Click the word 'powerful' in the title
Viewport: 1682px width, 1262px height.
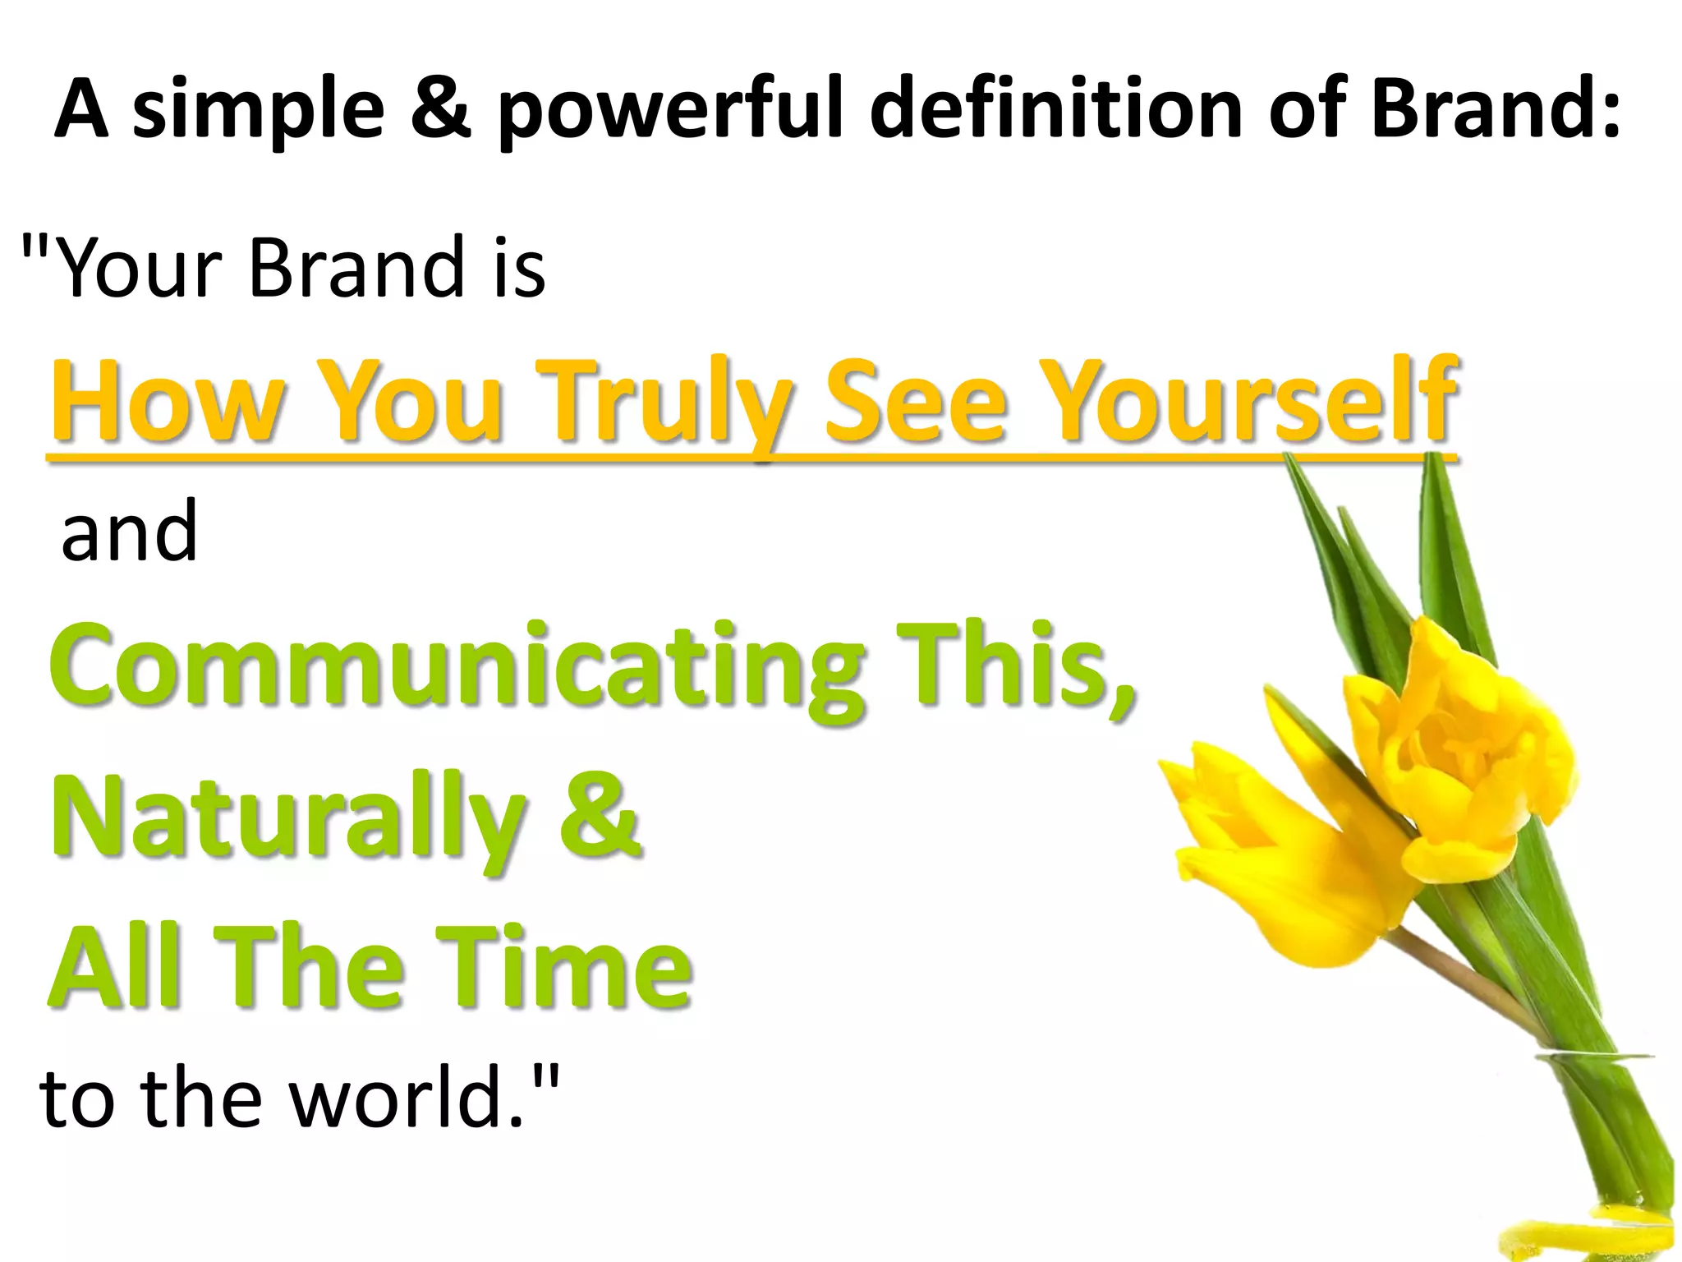[670, 110]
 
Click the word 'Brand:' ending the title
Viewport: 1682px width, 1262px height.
[1496, 108]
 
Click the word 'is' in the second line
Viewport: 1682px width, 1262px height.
[519, 267]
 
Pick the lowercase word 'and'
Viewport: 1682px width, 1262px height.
[129, 532]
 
